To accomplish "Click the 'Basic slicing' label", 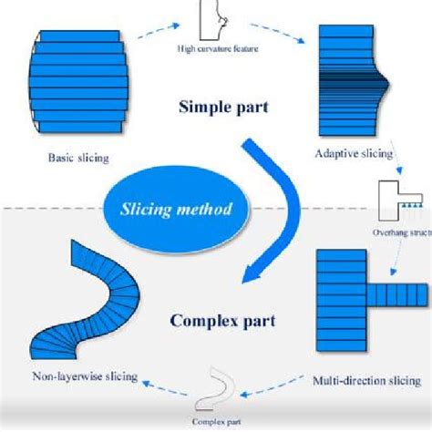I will pyautogui.click(x=78, y=158).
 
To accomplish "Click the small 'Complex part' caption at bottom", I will pyautogui.click(x=217, y=422).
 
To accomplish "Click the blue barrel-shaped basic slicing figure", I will pyautogui.click(x=79, y=81).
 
